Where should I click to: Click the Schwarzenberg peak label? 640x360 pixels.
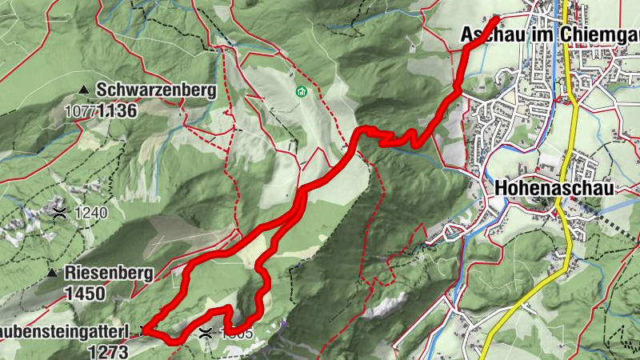tap(157, 90)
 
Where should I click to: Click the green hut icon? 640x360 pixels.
tap(301, 92)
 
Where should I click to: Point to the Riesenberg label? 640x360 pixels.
tap(110, 273)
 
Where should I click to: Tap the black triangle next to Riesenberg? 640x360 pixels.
tap(52, 273)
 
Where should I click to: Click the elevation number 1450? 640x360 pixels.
tap(86, 294)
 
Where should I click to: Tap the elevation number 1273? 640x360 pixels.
tap(109, 351)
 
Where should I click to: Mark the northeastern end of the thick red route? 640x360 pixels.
tap(497, 18)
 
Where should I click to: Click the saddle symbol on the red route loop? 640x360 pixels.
tap(206, 331)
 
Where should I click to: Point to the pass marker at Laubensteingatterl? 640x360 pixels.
tap(145, 330)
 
